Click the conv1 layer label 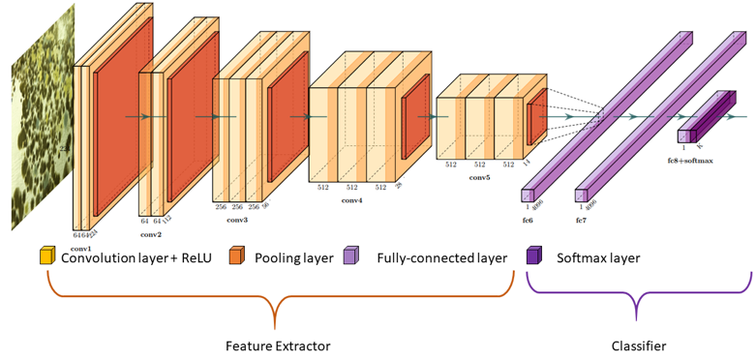[81, 249]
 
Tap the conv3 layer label [237, 221]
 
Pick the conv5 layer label [481, 178]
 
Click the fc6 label [528, 221]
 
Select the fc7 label [582, 221]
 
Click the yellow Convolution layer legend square [46, 257]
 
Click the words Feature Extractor [278, 344]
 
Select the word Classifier [638, 344]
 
